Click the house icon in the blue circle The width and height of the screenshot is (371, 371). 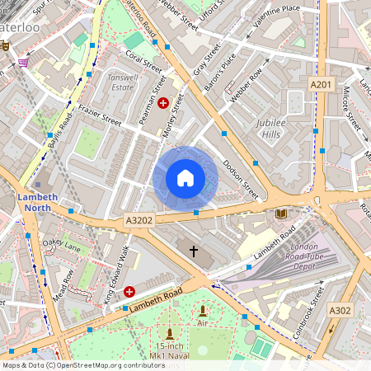[x=185, y=178]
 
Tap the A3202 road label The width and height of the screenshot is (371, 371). [x=139, y=221]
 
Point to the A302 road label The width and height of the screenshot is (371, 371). [x=340, y=310]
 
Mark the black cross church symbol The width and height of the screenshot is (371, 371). [x=195, y=250]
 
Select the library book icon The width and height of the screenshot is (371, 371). [x=281, y=214]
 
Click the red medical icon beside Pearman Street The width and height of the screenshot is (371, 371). [x=163, y=103]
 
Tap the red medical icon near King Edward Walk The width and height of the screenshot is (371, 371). [x=129, y=292]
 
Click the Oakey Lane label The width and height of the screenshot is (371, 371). [x=62, y=245]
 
